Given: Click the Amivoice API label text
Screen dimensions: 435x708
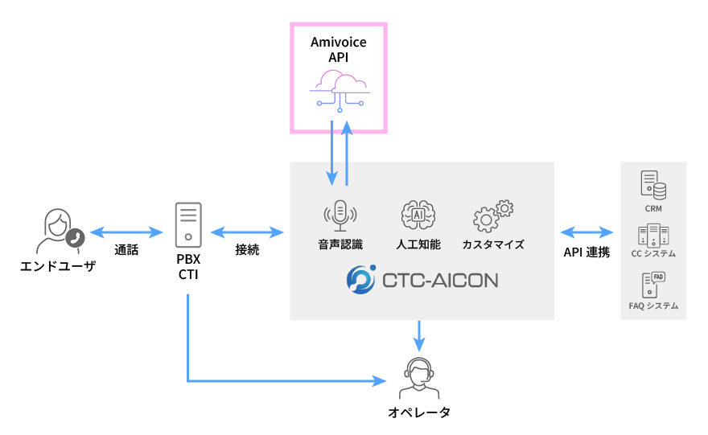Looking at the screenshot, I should (x=339, y=49).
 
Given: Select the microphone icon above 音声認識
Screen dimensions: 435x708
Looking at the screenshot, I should (x=340, y=215).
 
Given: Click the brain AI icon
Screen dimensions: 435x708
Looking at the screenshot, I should (x=418, y=215).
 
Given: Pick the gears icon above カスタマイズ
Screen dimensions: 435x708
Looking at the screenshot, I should (x=492, y=215).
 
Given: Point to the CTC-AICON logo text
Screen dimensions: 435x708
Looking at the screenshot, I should (x=439, y=280).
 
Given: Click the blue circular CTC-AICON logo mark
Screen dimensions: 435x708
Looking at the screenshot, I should (x=360, y=279).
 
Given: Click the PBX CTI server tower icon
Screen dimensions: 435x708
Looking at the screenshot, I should (x=188, y=224).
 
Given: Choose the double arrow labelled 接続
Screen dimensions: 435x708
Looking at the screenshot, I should (x=247, y=232).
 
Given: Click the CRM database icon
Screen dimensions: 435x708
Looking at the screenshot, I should (x=652, y=186).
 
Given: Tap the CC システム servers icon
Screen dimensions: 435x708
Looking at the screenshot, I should (x=652, y=235).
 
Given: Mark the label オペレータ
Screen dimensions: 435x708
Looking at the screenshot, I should (x=418, y=412).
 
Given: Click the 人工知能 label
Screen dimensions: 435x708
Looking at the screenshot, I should (x=418, y=244).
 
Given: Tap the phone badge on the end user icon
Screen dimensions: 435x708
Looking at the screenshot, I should (x=75, y=237).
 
